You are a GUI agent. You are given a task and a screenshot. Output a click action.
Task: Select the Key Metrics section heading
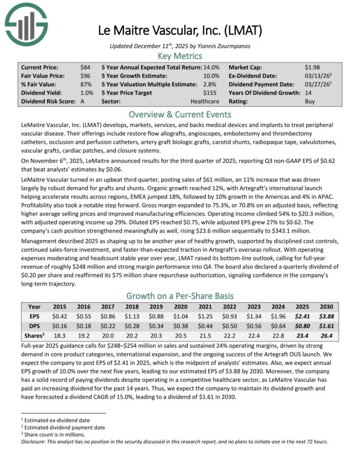(x=179, y=56)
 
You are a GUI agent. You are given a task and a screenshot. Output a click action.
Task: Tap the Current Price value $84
(x=85, y=67)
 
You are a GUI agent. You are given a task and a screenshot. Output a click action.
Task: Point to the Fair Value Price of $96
(x=85, y=76)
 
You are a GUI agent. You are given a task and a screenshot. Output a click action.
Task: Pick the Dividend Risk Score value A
(x=83, y=101)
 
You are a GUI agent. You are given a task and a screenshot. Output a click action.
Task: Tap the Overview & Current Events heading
(x=179, y=114)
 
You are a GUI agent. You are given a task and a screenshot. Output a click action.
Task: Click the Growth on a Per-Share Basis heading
(x=179, y=296)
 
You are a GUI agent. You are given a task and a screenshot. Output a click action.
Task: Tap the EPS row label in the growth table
(x=34, y=316)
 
